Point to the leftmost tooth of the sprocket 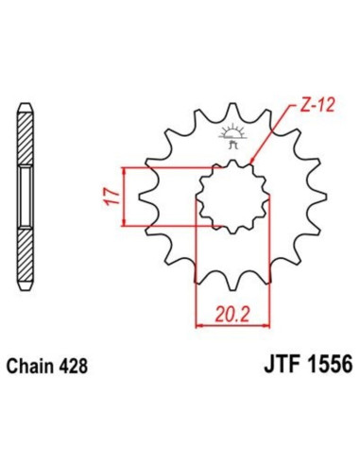coord(143,197)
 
